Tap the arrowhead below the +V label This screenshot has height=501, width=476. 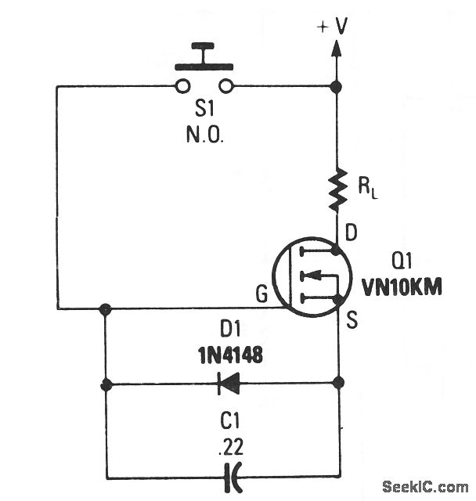337,49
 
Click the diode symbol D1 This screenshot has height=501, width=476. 226,384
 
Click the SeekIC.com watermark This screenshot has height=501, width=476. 429,485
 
